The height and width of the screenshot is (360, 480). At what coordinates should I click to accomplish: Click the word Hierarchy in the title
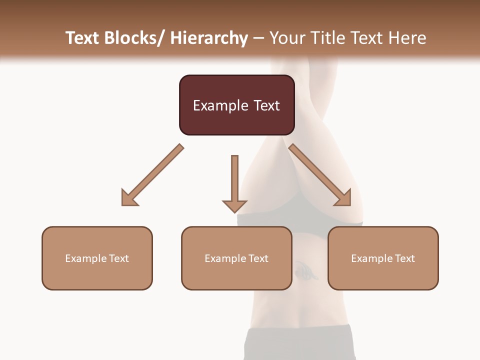[209, 38]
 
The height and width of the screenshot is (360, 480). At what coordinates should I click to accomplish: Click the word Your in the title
[287, 38]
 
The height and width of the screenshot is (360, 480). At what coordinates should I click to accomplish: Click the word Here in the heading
[407, 38]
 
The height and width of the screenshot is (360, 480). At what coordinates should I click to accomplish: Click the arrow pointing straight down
[234, 180]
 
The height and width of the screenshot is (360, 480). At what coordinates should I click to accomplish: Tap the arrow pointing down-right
[320, 175]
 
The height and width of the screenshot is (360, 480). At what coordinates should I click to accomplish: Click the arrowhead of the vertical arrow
[234, 205]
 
